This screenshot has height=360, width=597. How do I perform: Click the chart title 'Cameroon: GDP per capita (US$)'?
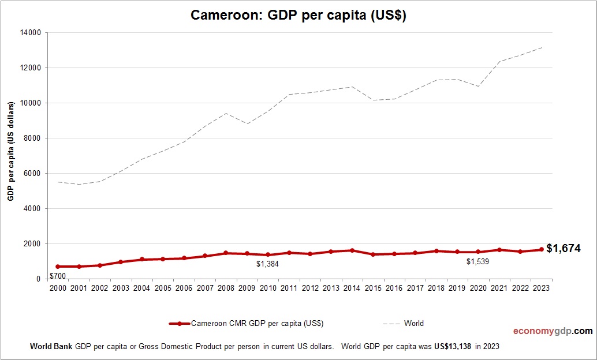tap(298, 16)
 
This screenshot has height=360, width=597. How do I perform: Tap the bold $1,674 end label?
tap(563, 249)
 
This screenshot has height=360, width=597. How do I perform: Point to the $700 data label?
tap(58, 276)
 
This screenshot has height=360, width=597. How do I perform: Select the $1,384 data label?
tap(267, 264)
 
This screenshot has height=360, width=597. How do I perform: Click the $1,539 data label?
tap(477, 261)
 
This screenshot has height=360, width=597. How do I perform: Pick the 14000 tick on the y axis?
tap(31, 33)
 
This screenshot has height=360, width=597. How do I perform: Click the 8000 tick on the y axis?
tap(33, 138)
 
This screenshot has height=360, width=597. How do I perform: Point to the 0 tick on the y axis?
tap(38, 279)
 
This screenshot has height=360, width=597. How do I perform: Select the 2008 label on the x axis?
tap(226, 288)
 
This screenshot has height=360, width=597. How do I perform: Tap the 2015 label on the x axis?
tap(373, 288)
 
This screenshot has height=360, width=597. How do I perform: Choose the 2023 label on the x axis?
tap(541, 288)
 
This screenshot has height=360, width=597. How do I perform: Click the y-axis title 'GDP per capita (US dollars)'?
tap(10, 152)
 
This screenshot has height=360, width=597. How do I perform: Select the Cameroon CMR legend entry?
tap(250, 324)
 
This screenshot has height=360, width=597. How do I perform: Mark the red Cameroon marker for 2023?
tap(542, 250)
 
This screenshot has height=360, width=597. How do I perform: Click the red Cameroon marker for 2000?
tap(58, 267)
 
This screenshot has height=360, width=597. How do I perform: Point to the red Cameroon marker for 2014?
tap(352, 250)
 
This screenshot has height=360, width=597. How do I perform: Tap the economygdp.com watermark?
tap(553, 331)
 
